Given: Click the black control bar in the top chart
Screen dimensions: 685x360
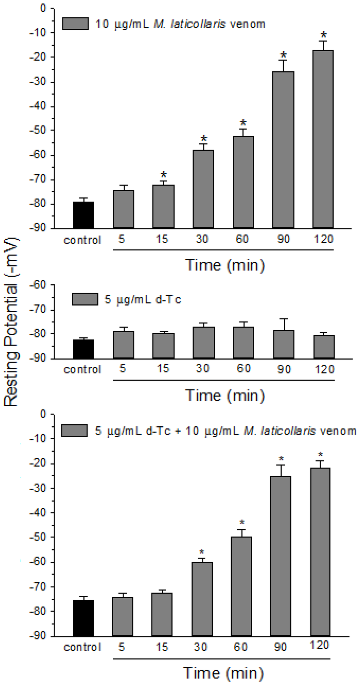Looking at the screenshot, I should (83, 215).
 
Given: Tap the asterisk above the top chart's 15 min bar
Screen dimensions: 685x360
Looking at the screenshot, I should (163, 175).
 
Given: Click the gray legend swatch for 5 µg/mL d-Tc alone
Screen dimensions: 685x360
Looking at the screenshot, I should (85, 299).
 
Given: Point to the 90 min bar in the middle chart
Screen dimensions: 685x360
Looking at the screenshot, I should (284, 344).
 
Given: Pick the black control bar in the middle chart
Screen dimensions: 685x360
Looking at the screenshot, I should (83, 349).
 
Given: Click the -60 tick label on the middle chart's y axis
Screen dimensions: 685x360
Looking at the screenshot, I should (39, 285).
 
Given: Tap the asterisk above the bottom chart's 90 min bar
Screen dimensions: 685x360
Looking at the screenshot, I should (281, 459).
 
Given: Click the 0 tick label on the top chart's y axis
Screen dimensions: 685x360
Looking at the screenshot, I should (43, 8).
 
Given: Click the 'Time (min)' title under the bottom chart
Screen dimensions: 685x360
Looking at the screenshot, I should (224, 673).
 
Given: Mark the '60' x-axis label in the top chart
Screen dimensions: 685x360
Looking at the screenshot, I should (242, 239).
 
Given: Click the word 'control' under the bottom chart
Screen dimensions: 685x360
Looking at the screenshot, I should (82, 647).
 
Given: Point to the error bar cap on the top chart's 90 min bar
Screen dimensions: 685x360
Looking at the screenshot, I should (283, 60).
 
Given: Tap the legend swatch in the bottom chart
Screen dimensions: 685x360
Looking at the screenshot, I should (74, 430).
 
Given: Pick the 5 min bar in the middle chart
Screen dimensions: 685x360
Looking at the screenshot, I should (123, 344).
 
